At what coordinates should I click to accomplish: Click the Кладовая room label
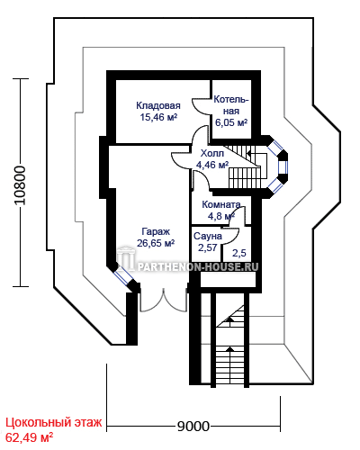tap(158, 105)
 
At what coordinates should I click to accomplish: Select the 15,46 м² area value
tap(158, 117)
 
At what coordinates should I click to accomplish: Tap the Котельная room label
tap(231, 105)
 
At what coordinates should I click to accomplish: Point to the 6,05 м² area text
tap(231, 122)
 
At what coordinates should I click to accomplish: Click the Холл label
tap(212, 153)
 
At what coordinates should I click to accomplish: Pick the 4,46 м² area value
tap(212, 165)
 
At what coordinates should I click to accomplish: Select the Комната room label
tap(221, 204)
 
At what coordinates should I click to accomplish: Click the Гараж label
tap(156, 232)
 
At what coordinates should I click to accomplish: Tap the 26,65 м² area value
tap(156, 243)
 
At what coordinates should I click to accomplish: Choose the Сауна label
tap(208, 236)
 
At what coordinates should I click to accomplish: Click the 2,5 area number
tap(239, 253)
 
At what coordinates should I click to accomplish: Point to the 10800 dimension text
tap(21, 185)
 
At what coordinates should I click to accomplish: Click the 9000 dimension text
tap(193, 426)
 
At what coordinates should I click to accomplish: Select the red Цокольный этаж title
tap(54, 422)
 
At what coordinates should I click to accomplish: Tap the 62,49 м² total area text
tap(29, 437)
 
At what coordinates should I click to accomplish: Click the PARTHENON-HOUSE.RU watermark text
tap(198, 266)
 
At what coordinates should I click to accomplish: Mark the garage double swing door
tap(164, 301)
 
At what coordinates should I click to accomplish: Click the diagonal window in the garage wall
tap(124, 276)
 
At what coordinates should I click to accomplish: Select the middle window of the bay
tap(283, 169)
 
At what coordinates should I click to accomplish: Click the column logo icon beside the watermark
tap(126, 257)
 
